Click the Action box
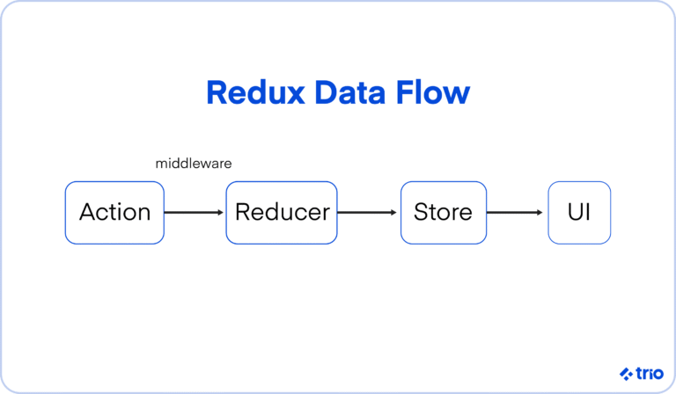tap(114, 212)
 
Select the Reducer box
tap(282, 212)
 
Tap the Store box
tap(443, 212)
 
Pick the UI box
tap(579, 212)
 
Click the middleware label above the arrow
tap(194, 164)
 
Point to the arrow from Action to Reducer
tap(194, 212)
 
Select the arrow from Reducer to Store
tap(368, 212)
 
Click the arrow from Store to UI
tap(516, 212)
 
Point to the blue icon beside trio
tap(626, 373)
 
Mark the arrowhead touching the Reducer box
tap(221, 212)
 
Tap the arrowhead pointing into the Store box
tap(395, 212)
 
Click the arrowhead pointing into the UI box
tap(543, 212)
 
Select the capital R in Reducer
tap(242, 212)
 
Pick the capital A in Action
tap(86, 212)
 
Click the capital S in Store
tap(420, 212)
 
